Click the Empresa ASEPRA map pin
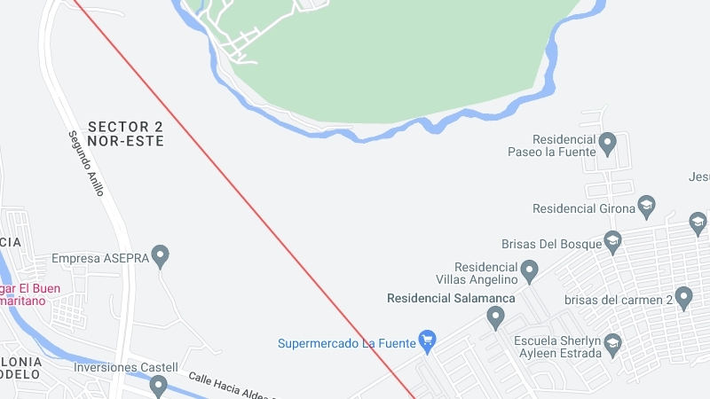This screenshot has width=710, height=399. click(x=160, y=256)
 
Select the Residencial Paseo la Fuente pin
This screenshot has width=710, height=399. click(x=608, y=142)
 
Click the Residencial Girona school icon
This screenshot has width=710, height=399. click(x=646, y=207)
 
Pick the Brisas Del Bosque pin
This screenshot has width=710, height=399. click(x=612, y=240)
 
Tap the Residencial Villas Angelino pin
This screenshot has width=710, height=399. click(x=530, y=270)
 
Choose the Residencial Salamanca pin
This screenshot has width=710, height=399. click(x=495, y=316)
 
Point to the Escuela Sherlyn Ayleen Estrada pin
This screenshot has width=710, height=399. click(x=612, y=343)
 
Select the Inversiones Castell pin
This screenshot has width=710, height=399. click(x=158, y=385)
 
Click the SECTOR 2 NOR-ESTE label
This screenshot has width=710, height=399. click(x=126, y=133)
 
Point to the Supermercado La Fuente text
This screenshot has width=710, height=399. click(x=346, y=343)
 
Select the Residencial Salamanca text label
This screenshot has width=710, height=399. click(x=451, y=298)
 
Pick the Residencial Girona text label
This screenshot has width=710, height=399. click(x=581, y=209)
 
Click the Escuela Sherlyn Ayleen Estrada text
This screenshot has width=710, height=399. click(x=556, y=346)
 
